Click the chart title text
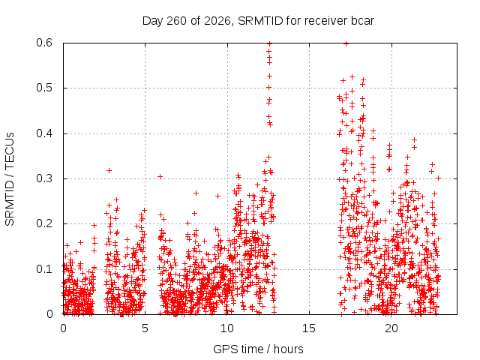pos(258,21)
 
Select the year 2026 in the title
pos(217,21)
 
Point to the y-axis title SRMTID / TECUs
pos(10,179)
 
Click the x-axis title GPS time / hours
pos(258,349)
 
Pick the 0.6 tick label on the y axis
pos(44,43)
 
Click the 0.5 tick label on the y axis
pos(44,88)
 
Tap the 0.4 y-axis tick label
pos(44,133)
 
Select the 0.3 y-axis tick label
pos(44,178)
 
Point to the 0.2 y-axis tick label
pos(44,223)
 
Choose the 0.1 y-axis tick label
pos(44,269)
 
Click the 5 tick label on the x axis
pos(145,328)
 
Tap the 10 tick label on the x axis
pos(227,328)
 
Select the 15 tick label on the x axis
pos(309,328)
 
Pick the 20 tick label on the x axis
pos(391,328)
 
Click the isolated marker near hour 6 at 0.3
pos(160,177)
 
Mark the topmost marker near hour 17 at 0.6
pos(346,43)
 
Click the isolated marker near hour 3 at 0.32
pos(109,170)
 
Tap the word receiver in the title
pos(325,21)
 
